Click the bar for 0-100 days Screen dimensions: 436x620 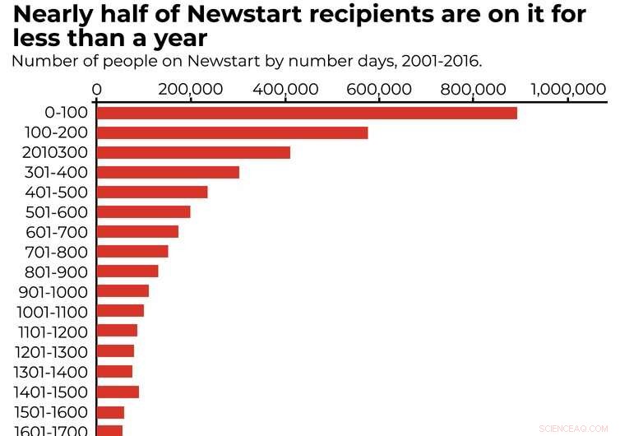click(307, 113)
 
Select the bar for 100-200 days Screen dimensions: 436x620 click(232, 132)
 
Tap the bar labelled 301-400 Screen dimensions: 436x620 click(168, 172)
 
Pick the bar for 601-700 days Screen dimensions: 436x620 click(137, 232)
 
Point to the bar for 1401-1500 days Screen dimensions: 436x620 click(118, 392)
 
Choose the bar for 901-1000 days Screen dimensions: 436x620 click(123, 291)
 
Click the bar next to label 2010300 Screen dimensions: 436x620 click(193, 152)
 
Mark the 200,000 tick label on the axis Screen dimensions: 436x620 click(191, 90)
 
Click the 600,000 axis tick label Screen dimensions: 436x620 click(379, 90)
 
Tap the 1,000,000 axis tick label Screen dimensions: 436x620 click(567, 90)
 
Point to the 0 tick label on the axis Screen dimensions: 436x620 click(97, 90)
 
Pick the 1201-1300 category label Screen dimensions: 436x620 click(52, 351)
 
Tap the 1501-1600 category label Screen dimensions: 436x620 click(52, 411)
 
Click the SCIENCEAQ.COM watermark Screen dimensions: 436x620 click(572, 429)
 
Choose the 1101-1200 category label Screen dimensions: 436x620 click(52, 332)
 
